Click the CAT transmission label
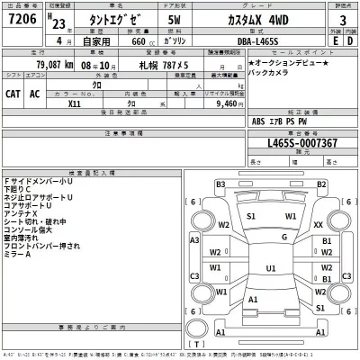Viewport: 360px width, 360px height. (15, 93)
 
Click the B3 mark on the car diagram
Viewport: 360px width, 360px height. (220, 184)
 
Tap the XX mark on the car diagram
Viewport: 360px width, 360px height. (319, 224)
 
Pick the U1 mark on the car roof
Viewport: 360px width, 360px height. (270, 268)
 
